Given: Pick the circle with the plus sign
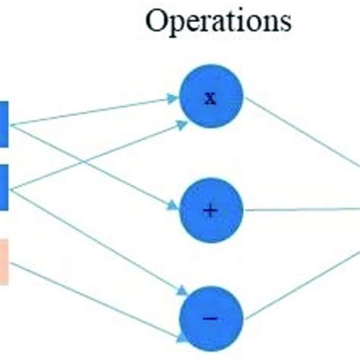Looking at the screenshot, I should (x=210, y=210).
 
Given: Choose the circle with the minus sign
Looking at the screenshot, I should (x=210, y=317).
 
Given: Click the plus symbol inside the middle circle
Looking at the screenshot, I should (x=210, y=210).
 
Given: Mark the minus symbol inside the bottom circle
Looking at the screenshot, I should (x=210, y=317).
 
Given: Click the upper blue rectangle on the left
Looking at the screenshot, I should (x=4, y=123).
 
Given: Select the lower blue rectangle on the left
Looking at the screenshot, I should (x=4, y=187).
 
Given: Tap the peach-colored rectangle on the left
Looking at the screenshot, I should (x=4, y=262).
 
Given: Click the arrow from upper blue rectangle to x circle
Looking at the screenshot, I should (x=91, y=110).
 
